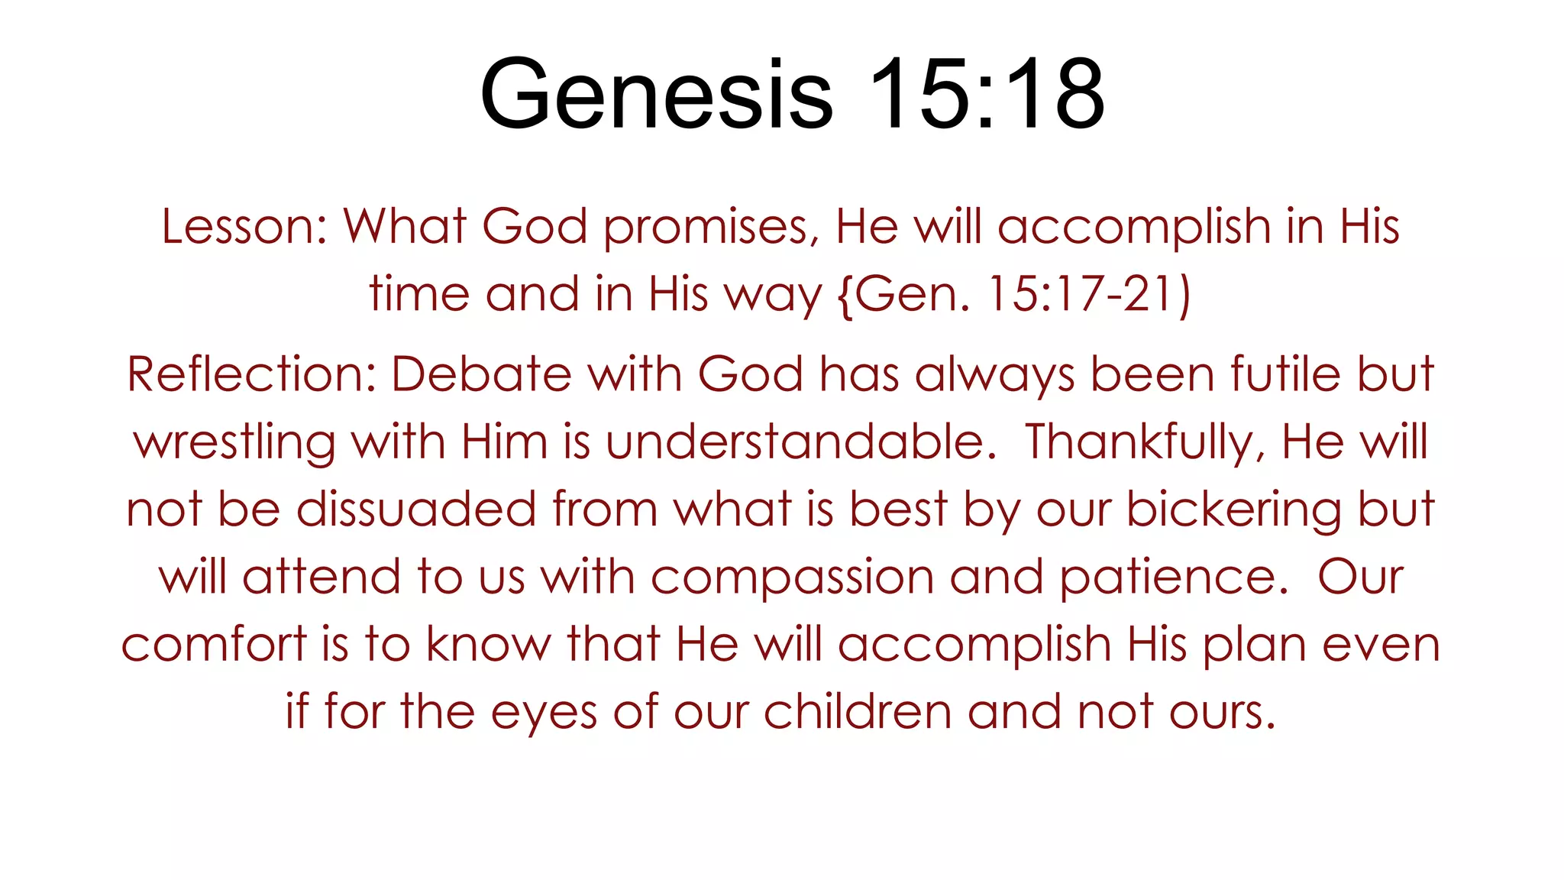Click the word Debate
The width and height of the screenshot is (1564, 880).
click(x=482, y=374)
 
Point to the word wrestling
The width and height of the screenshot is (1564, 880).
click(x=234, y=442)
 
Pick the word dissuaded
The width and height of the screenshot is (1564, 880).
click(x=416, y=509)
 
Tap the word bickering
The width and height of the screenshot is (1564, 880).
click(x=1234, y=509)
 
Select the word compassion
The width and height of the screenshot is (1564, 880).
click(x=792, y=577)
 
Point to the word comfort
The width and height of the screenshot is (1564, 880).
click(x=214, y=644)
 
